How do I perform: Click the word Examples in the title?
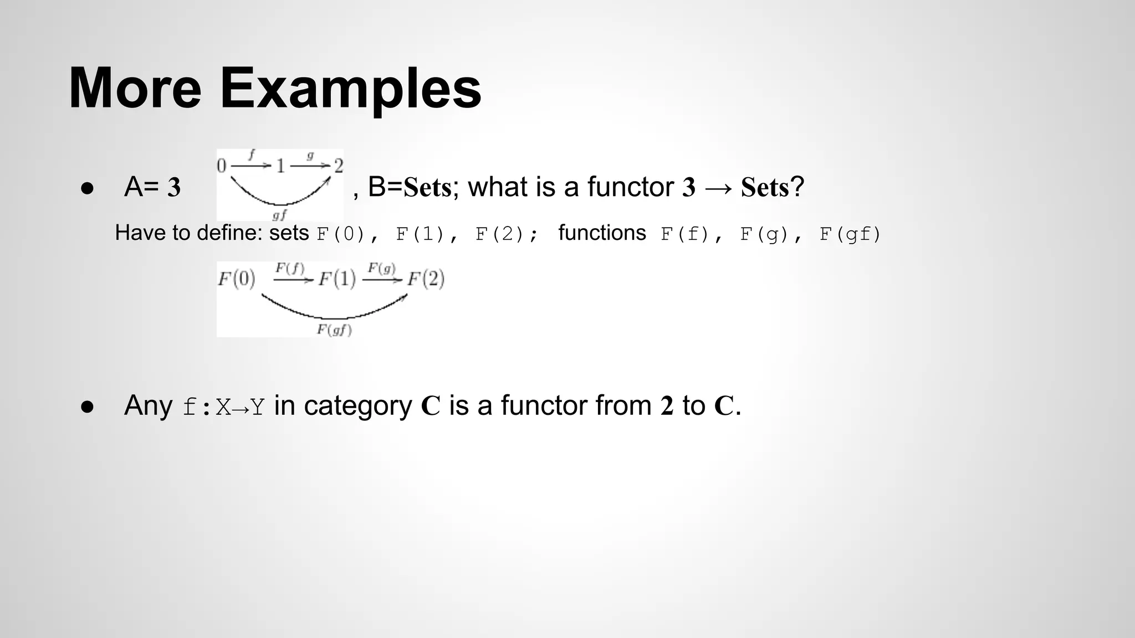350,89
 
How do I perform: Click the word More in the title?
135,89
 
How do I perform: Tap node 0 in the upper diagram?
222,166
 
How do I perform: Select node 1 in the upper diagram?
280,166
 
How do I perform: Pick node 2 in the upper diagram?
338,166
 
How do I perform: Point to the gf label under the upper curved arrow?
279,214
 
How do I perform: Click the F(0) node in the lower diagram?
236,279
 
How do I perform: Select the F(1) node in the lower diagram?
337,279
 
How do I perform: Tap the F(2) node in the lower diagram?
426,279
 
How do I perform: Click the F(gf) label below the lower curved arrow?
334,330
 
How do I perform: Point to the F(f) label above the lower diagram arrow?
290,268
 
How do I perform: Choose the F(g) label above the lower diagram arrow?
381,268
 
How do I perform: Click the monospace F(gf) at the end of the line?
850,234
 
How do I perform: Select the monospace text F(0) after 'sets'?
340,234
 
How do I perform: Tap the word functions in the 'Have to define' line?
602,233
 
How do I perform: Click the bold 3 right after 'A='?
174,188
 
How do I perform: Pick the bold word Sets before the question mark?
765,187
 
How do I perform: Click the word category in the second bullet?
358,406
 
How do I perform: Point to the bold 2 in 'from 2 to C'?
667,406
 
